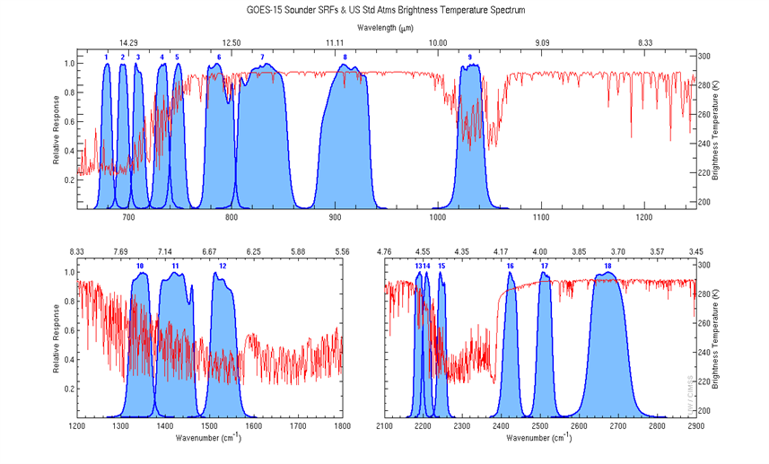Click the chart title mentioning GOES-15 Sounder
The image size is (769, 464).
pos(384,10)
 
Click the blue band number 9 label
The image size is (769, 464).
pos(470,57)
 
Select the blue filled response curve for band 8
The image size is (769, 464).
pos(345,144)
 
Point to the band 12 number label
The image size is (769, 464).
pos(223,267)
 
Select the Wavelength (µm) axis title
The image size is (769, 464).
pos(384,28)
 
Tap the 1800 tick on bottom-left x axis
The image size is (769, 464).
pos(341,426)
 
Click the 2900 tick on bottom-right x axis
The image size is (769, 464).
pos(695,426)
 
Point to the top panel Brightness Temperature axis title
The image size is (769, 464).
pos(715,130)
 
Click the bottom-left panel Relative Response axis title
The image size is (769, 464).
pos(57,338)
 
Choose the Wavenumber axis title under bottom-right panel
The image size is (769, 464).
pos(538,438)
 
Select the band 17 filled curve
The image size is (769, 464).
pos(545,350)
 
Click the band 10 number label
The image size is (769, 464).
pos(139,267)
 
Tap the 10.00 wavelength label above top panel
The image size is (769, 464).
pos(438,42)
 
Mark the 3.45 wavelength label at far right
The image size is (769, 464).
pos(695,251)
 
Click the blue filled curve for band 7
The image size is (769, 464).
pos(262,144)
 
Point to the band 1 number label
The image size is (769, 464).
pos(107,57)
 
